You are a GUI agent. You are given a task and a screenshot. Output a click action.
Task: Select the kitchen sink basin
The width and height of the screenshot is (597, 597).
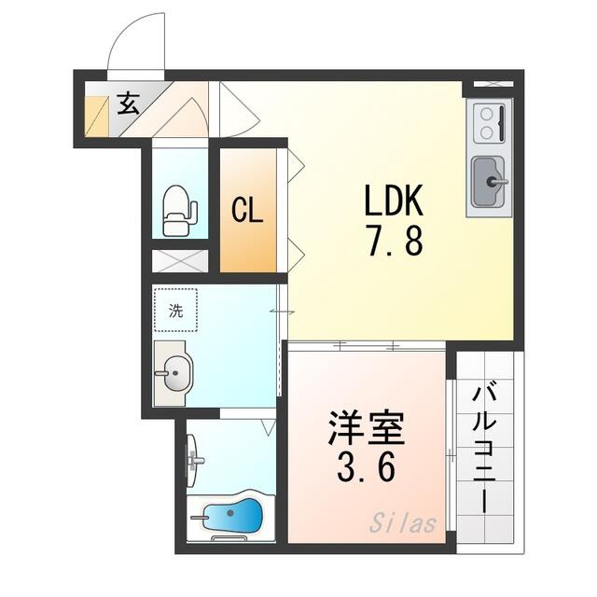click(x=489, y=181)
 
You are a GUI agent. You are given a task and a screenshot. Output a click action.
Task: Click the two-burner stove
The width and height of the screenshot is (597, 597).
click(x=489, y=123)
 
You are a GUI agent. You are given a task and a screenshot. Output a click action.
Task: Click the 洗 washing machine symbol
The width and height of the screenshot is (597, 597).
click(x=176, y=310)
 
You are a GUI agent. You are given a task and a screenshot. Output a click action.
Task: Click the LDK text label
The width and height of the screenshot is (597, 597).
click(x=394, y=200)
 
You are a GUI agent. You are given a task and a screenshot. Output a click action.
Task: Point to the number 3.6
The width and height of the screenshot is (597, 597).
click(x=366, y=467)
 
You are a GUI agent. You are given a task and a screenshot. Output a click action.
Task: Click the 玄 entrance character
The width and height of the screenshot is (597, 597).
click(x=128, y=104)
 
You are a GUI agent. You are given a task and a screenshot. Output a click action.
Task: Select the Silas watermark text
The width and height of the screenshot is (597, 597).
click(x=402, y=522)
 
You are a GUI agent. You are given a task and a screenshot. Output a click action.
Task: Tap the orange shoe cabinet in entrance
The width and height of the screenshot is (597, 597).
click(x=97, y=116)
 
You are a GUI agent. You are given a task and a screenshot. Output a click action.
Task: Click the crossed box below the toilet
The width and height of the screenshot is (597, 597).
click(x=180, y=261)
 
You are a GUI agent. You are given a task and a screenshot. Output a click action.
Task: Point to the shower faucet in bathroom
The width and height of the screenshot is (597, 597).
click(x=194, y=460)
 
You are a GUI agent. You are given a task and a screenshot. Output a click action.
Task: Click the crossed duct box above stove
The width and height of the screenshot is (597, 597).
click(x=493, y=84)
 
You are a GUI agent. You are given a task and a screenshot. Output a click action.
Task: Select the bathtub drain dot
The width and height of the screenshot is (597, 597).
click(x=230, y=513)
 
